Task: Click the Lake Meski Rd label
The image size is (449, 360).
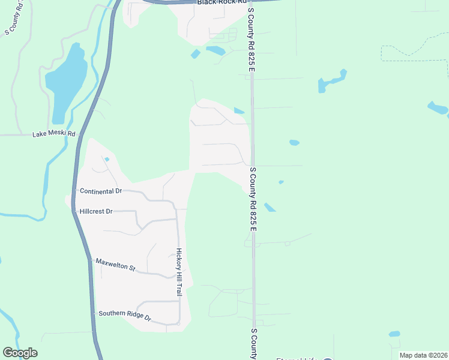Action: [x=54, y=134]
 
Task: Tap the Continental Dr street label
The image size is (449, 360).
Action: [x=100, y=191]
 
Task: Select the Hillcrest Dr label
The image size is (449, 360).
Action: [x=96, y=212]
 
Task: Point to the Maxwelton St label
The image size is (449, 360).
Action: [x=116, y=265]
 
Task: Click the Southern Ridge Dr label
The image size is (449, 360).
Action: [x=125, y=314]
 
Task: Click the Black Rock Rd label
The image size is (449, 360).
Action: [x=222, y=2]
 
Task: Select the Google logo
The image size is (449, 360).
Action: [x=20, y=353]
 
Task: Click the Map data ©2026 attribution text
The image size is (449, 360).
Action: [x=423, y=355]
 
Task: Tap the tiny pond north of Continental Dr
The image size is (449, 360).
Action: [x=106, y=159]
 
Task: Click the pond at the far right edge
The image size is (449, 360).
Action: [x=438, y=109]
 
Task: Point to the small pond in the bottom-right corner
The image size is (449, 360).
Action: [x=394, y=334]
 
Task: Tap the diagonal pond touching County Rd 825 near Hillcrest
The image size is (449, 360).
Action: [x=270, y=207]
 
